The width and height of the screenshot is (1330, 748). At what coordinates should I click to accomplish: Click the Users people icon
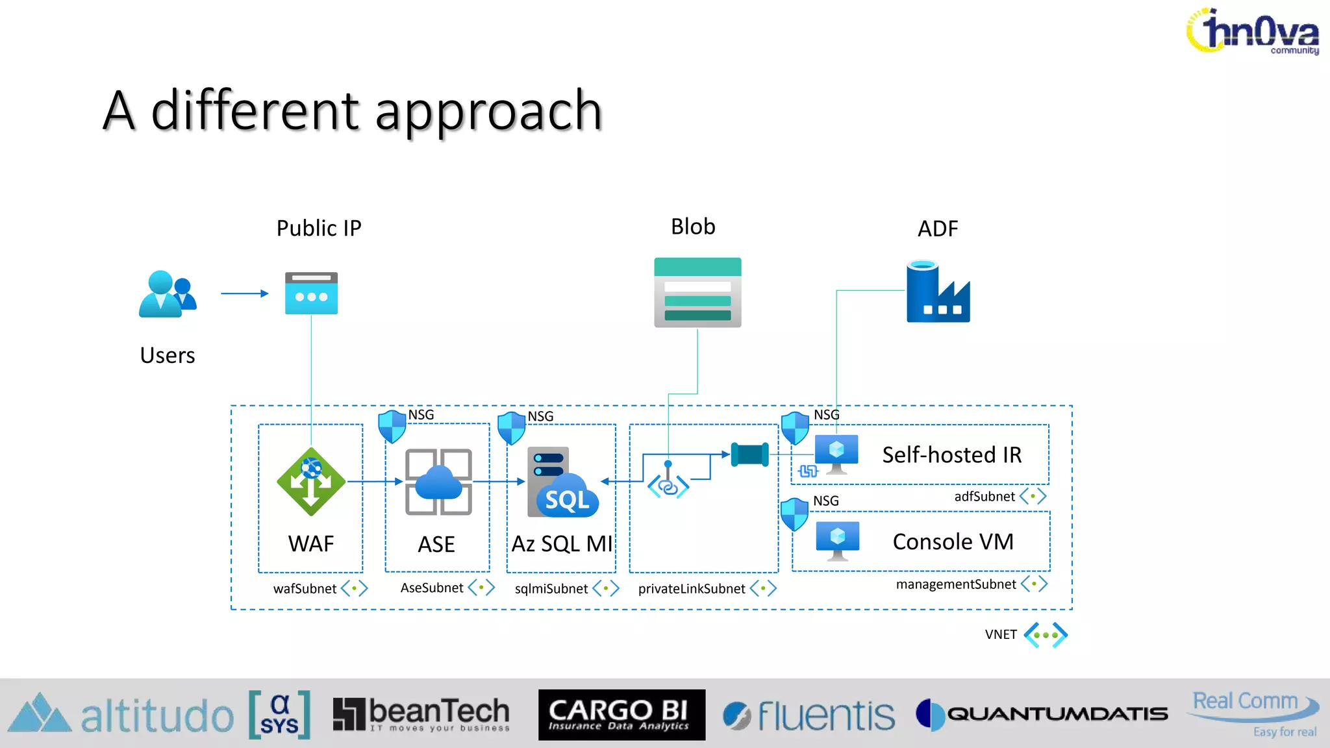pyautogui.click(x=167, y=294)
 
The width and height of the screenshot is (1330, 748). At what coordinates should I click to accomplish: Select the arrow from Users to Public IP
pyautogui.click(x=244, y=293)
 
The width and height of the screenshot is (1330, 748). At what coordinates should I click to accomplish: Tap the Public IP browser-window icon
pyautogui.click(x=311, y=293)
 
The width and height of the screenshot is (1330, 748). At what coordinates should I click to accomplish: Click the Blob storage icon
pyautogui.click(x=697, y=292)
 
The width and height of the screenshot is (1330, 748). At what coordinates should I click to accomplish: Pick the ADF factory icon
pyautogui.click(x=938, y=292)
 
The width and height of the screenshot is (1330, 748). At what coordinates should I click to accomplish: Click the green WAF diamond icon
pyautogui.click(x=311, y=482)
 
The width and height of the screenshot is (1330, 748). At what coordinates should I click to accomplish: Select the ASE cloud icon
pyautogui.click(x=438, y=482)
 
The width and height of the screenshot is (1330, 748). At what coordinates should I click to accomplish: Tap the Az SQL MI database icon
pyautogui.click(x=562, y=482)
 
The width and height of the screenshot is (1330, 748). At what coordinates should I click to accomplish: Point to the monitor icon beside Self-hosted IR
pyautogui.click(x=836, y=453)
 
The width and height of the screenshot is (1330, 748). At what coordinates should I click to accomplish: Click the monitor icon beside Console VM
pyautogui.click(x=837, y=540)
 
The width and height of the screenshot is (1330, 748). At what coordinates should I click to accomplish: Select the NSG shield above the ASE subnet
pyautogui.click(x=392, y=426)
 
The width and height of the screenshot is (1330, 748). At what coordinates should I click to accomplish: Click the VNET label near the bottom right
pyautogui.click(x=1001, y=634)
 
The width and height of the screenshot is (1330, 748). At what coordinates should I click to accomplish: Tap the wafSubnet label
pyautogui.click(x=305, y=588)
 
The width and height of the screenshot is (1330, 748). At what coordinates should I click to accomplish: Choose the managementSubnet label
pyautogui.click(x=956, y=584)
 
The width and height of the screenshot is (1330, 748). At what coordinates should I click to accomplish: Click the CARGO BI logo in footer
pyautogui.click(x=621, y=715)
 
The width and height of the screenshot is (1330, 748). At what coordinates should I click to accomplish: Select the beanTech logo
pyautogui.click(x=421, y=714)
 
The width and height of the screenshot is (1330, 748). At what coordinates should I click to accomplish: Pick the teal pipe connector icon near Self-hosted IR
pyautogui.click(x=749, y=455)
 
